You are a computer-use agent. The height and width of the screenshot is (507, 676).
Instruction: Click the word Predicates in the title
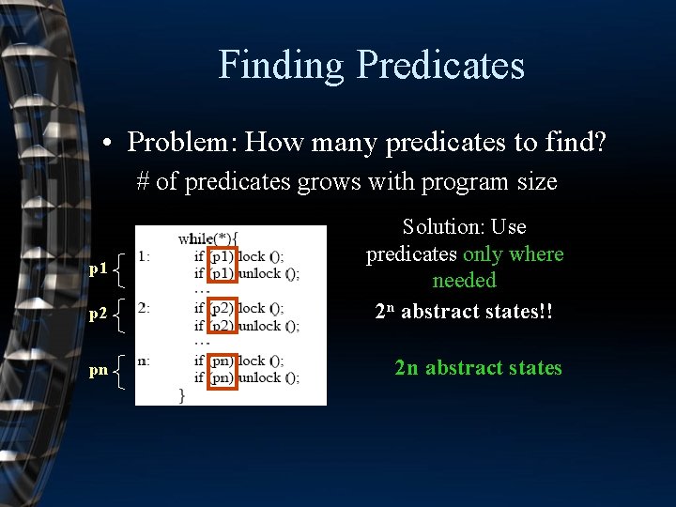point(439,65)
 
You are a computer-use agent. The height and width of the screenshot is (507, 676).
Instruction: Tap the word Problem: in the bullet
point(182,142)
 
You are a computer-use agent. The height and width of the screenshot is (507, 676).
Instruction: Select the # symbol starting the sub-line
point(143,181)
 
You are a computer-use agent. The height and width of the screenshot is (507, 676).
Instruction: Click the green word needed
point(464,281)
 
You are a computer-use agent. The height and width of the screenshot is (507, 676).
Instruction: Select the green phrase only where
point(513,254)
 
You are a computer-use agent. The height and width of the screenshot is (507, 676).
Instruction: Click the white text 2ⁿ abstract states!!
point(464,312)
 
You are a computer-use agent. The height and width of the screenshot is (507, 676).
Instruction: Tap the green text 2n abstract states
point(478,367)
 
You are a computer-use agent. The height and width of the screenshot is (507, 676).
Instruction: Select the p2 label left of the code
point(98,315)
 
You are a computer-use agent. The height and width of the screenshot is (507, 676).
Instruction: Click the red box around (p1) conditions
point(222,265)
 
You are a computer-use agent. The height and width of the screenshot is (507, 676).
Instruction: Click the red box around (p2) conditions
point(222,317)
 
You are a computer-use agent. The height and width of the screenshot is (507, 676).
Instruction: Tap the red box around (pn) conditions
point(222,369)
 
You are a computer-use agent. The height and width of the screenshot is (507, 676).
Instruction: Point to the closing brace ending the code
point(181,395)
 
